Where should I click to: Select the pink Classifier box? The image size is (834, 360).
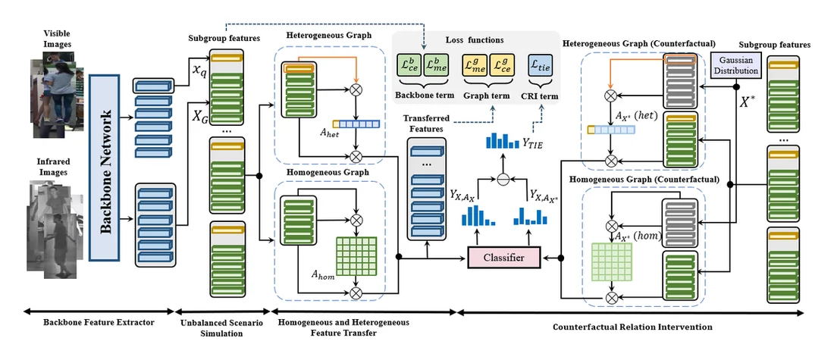(503, 258)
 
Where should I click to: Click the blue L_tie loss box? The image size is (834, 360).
(541, 67)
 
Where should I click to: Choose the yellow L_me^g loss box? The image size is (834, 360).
(474, 67)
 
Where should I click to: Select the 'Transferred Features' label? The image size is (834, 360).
(427, 123)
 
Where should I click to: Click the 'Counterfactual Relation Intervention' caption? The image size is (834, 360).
(632, 326)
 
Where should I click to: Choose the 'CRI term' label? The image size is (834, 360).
(541, 96)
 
